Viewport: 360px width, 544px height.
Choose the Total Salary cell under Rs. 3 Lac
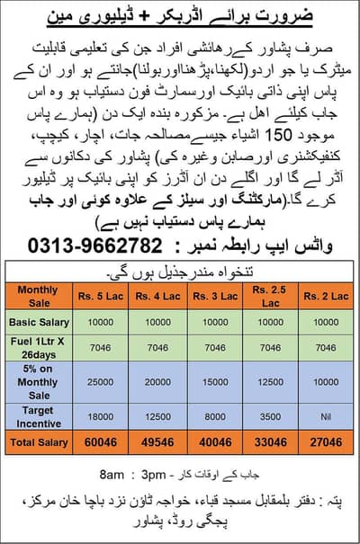tap(210, 441)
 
